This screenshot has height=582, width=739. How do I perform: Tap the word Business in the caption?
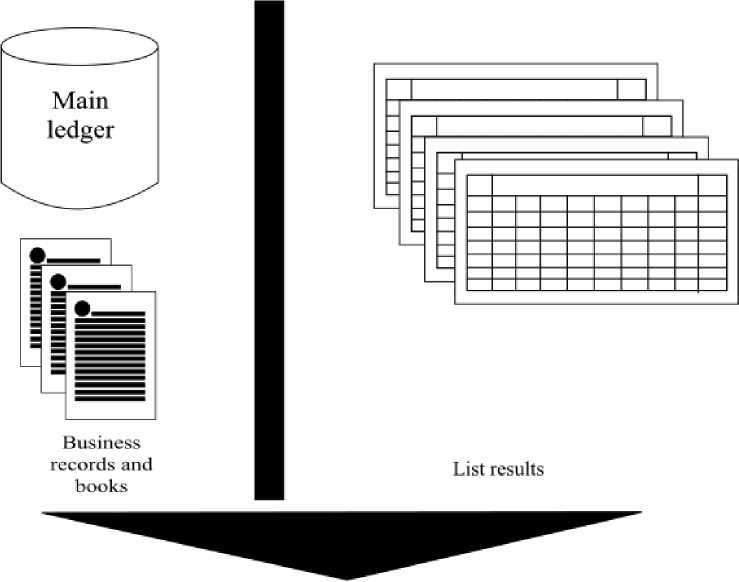102,443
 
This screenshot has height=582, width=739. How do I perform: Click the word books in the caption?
101,486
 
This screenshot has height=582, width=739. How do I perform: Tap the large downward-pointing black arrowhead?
341,540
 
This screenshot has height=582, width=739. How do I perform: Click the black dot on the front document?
82,307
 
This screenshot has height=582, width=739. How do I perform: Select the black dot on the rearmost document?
38,254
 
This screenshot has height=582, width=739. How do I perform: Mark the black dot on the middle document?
59,280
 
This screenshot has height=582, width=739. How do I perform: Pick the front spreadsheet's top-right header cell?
712,186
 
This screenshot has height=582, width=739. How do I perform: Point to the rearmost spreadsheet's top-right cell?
631,89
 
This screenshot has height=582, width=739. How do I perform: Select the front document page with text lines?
111,355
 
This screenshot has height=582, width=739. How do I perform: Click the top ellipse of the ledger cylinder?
79,48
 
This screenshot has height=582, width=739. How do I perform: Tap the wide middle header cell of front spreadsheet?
595,186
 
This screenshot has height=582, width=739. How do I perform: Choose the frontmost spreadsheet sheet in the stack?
594,240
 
